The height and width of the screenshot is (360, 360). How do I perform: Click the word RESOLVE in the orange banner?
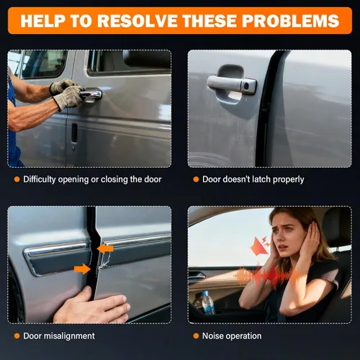pos(138,21)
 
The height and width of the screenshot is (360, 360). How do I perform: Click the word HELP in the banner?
pos(42,21)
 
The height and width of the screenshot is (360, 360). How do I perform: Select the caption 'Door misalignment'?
pos(59,336)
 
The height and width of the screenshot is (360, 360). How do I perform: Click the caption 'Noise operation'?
pos(232,336)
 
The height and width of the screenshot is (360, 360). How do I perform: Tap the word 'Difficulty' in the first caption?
pos(40,179)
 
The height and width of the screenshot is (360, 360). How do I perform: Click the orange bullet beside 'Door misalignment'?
pos(17,336)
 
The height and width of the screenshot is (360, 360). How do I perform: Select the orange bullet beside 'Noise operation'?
pos(196,336)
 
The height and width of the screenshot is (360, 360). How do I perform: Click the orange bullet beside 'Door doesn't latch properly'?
pos(196,179)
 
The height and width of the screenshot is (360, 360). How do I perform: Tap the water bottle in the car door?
pos(208,302)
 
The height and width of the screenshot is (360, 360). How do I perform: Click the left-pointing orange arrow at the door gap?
pos(105,248)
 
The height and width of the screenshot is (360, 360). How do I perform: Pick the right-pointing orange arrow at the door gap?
pos(82,269)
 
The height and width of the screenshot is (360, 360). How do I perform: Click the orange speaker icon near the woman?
pos(261,246)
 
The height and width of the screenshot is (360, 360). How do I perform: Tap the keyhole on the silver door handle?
pos(246,86)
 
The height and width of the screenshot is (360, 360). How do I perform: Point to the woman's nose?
pos(283,239)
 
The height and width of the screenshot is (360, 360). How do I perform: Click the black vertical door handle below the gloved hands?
pos(74,132)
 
